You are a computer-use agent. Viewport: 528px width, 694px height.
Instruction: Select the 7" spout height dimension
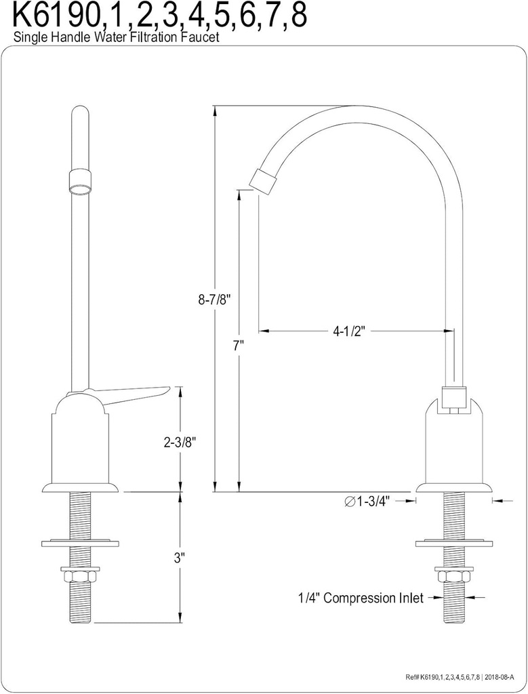coord(238,345)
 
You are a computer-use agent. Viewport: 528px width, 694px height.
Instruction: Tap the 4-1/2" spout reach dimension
coord(350,331)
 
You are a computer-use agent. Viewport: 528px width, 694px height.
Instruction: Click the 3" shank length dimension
coord(180,558)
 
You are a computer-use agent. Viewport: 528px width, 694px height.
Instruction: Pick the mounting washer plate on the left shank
coord(81,543)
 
